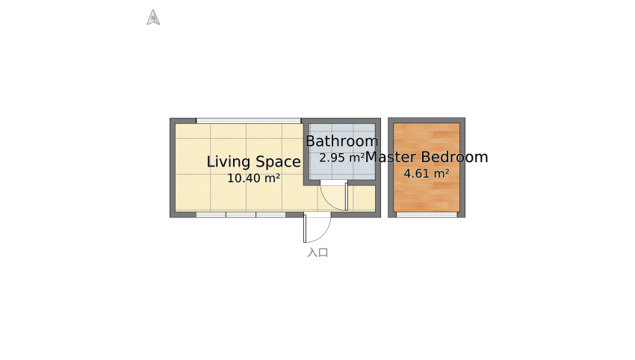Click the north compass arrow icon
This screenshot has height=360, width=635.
click(153, 17)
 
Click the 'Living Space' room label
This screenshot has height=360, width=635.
click(253, 161)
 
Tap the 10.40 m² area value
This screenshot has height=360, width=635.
click(253, 179)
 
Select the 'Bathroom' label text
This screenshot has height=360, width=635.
click(341, 141)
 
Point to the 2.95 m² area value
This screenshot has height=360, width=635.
click(341, 158)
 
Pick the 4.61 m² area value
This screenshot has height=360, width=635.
click(427, 174)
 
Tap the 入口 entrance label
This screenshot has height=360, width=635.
click(317, 252)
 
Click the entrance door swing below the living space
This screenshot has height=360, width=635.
click(317, 228)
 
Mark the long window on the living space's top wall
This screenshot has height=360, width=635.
click(248, 120)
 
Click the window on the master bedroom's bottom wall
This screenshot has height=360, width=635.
click(427, 214)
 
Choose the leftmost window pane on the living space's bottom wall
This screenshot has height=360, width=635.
click(211, 214)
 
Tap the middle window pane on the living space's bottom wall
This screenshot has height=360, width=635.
click(241, 214)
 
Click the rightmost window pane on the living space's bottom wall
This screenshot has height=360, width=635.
click(270, 214)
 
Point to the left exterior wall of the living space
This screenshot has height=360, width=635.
click(172, 168)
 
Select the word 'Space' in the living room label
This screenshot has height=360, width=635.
click(277, 161)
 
